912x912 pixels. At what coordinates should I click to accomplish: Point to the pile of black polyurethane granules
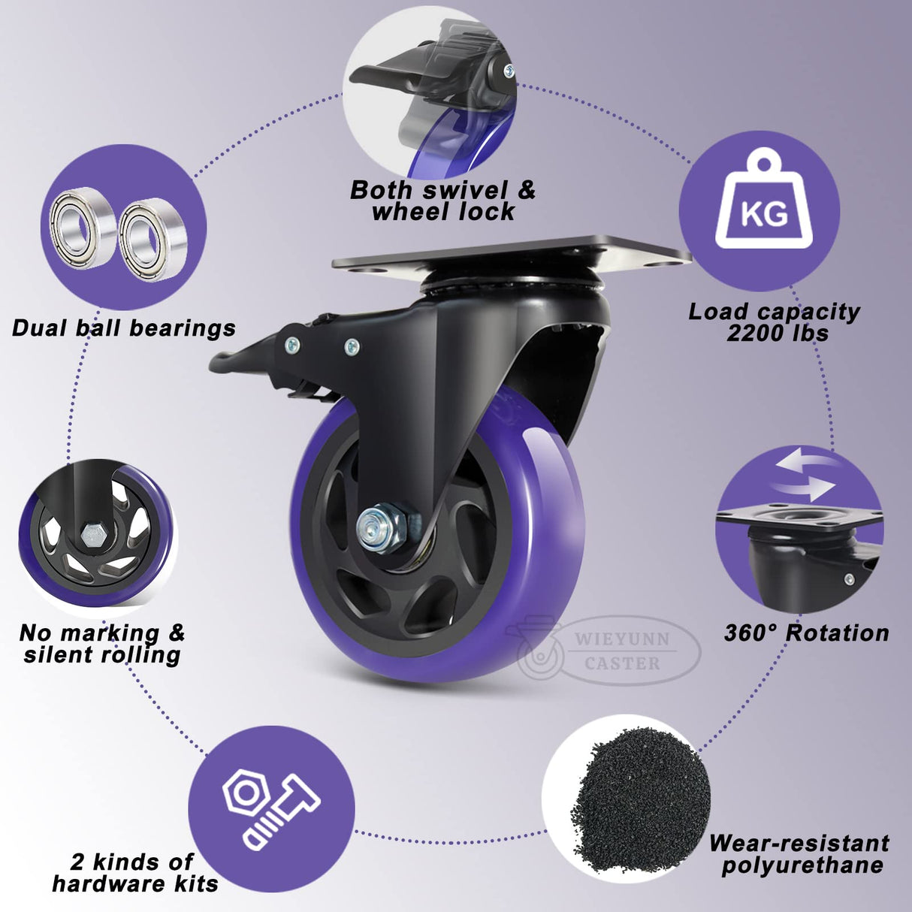(639, 796)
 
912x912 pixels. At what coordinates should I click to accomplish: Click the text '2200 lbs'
(777, 333)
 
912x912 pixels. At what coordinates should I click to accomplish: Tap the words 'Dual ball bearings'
(124, 328)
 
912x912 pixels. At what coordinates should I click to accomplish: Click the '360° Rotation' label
(806, 633)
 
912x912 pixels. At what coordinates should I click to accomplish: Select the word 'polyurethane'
(802, 865)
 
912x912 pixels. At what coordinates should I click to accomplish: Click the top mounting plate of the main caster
(511, 254)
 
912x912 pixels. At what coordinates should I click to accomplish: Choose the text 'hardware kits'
(135, 883)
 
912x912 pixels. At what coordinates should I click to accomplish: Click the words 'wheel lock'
(443, 212)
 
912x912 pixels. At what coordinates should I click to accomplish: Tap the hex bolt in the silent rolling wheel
(94, 536)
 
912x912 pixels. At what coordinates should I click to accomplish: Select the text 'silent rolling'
(102, 654)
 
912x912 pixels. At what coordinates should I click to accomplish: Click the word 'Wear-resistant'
(799, 843)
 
